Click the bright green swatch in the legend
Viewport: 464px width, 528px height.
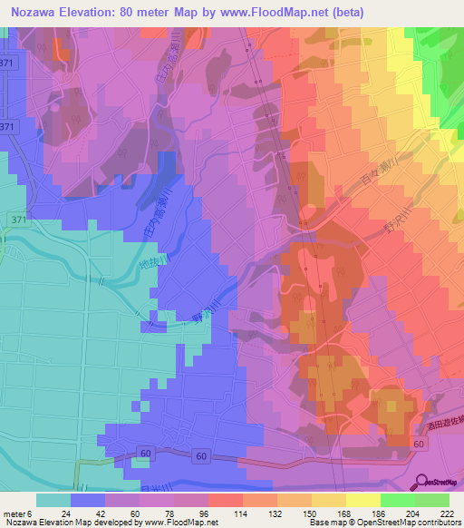point(398,500)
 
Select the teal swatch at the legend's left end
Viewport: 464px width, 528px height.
point(53,500)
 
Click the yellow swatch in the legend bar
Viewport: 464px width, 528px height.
point(363,500)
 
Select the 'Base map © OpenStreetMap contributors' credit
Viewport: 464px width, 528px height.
point(382,522)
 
